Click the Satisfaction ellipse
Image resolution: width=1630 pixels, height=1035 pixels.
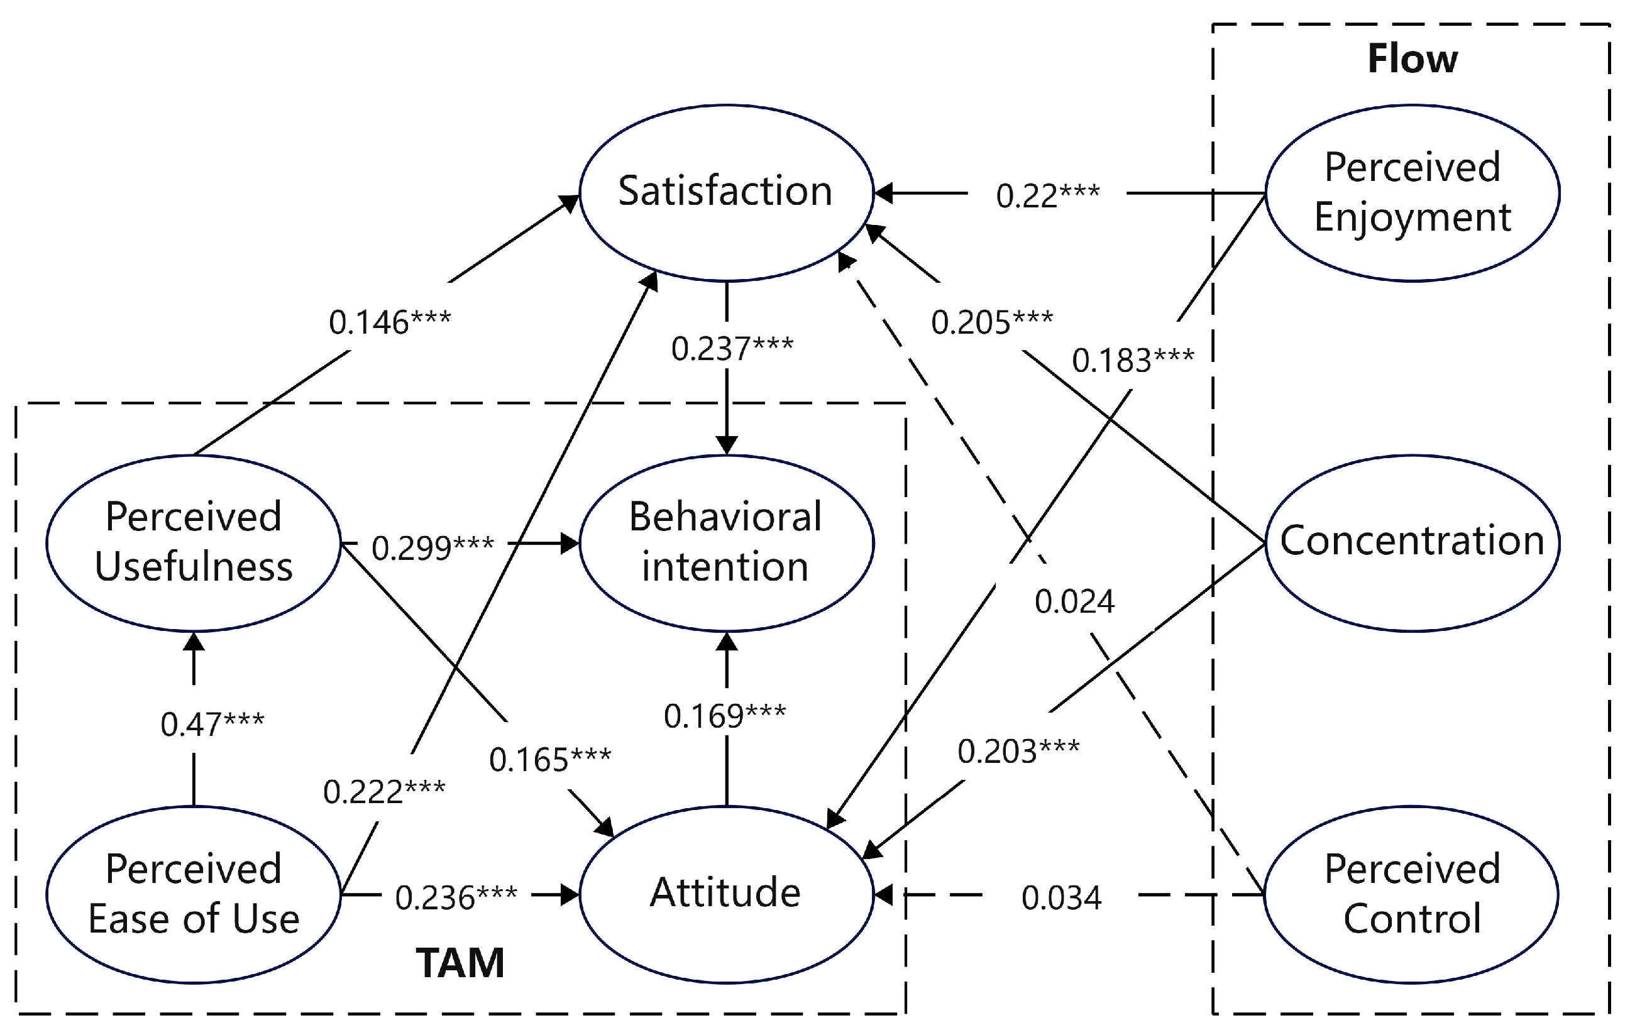[x=726, y=192]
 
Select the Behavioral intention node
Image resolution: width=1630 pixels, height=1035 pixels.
[x=726, y=542]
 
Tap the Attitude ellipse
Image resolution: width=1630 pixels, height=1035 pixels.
[x=726, y=894]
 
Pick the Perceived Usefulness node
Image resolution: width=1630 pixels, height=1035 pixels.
[x=194, y=542]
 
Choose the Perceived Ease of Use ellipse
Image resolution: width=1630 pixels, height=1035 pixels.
[x=194, y=894]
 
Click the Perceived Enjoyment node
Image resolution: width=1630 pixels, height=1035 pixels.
[x=1412, y=192]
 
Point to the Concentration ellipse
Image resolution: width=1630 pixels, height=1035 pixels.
[x=1412, y=542]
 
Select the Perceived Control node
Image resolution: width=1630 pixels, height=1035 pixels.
[x=1412, y=894]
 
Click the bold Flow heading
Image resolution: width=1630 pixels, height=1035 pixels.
[x=1412, y=59]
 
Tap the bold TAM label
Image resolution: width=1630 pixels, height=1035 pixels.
[x=460, y=963]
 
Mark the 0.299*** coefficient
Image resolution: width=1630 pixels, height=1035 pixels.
[x=432, y=547]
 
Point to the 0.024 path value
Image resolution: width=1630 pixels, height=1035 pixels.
[x=1074, y=602]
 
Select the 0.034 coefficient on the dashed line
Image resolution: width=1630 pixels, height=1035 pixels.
[x=1061, y=897]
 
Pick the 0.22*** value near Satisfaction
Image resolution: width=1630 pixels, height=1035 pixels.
[x=1047, y=195]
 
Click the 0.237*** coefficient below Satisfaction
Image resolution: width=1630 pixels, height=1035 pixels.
[x=732, y=349]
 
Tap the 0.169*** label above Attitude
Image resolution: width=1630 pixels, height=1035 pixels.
[x=724, y=716]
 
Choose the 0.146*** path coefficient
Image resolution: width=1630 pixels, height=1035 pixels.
[x=389, y=322]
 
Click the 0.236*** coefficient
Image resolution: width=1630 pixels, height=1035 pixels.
[x=456, y=897]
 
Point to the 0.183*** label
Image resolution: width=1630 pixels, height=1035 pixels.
[x=1133, y=359]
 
